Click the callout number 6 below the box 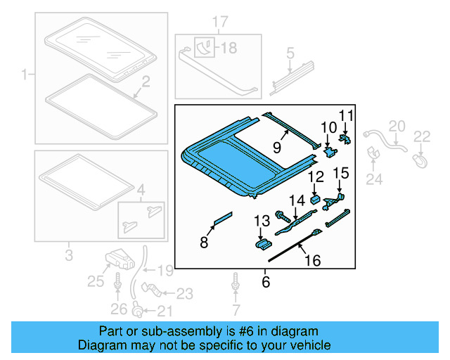[x=265, y=282]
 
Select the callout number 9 [x=276, y=148]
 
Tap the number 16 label [x=311, y=261]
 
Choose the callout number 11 [x=346, y=115]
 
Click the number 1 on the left [x=25, y=74]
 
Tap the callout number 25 [x=96, y=283]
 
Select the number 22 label [x=421, y=136]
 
